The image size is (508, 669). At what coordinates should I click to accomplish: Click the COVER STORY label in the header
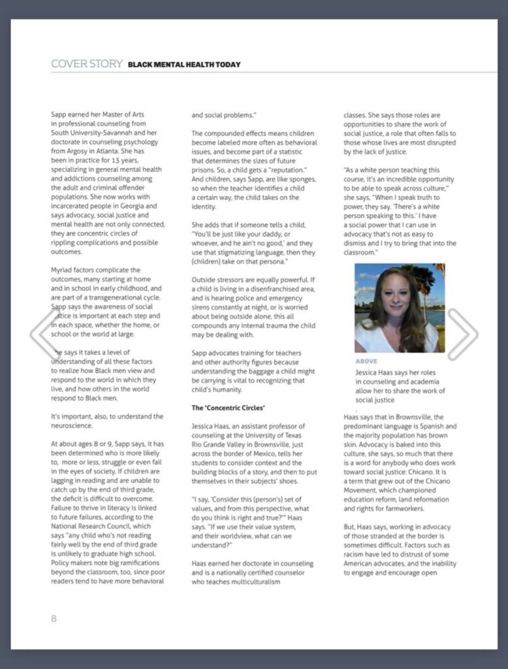(x=86, y=64)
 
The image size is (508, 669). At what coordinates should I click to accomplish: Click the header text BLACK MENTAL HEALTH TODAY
(x=184, y=65)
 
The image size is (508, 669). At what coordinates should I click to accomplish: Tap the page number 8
(x=54, y=618)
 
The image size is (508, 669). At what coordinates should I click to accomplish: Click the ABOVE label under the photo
(x=366, y=361)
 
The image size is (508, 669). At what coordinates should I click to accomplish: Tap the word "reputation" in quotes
(x=293, y=170)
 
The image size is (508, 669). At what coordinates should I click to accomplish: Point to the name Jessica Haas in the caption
(x=379, y=372)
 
